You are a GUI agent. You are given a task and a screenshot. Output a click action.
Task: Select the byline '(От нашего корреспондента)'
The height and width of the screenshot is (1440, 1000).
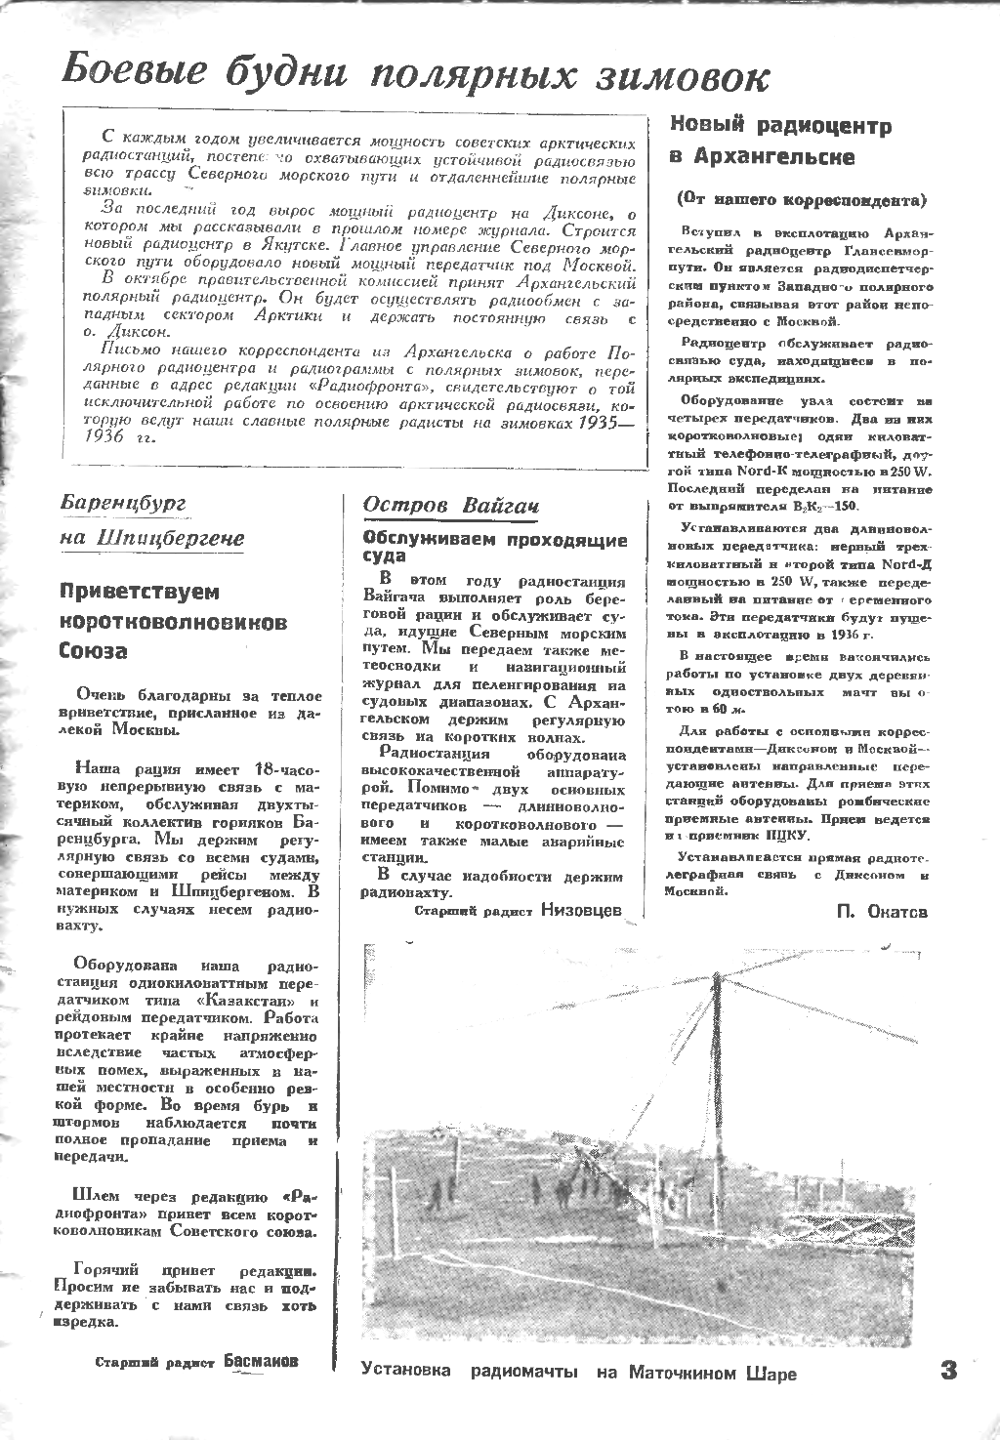point(800,200)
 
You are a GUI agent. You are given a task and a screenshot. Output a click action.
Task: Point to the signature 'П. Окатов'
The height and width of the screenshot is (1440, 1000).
point(882,912)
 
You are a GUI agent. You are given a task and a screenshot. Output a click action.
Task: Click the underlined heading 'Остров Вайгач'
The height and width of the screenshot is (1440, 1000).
point(450,505)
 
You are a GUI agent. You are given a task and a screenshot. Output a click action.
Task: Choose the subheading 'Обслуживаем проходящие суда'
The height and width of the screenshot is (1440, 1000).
point(494,547)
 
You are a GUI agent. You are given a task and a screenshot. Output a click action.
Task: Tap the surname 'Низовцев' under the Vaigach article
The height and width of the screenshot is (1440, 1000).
point(580,911)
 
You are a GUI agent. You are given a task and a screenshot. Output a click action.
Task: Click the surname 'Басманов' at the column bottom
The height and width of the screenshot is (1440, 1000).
point(261,1361)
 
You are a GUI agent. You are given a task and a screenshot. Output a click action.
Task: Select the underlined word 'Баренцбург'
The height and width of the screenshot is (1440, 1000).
point(123,503)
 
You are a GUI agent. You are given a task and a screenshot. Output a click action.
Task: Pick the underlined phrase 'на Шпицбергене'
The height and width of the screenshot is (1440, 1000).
point(151,538)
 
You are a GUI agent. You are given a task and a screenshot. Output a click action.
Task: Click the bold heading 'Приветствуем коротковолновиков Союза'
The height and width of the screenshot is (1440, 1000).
point(174,621)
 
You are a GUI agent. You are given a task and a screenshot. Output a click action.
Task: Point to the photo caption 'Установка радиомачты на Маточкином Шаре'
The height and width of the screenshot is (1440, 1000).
point(578,1373)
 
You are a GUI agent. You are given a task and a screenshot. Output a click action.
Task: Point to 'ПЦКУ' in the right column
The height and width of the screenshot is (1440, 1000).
point(783,836)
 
